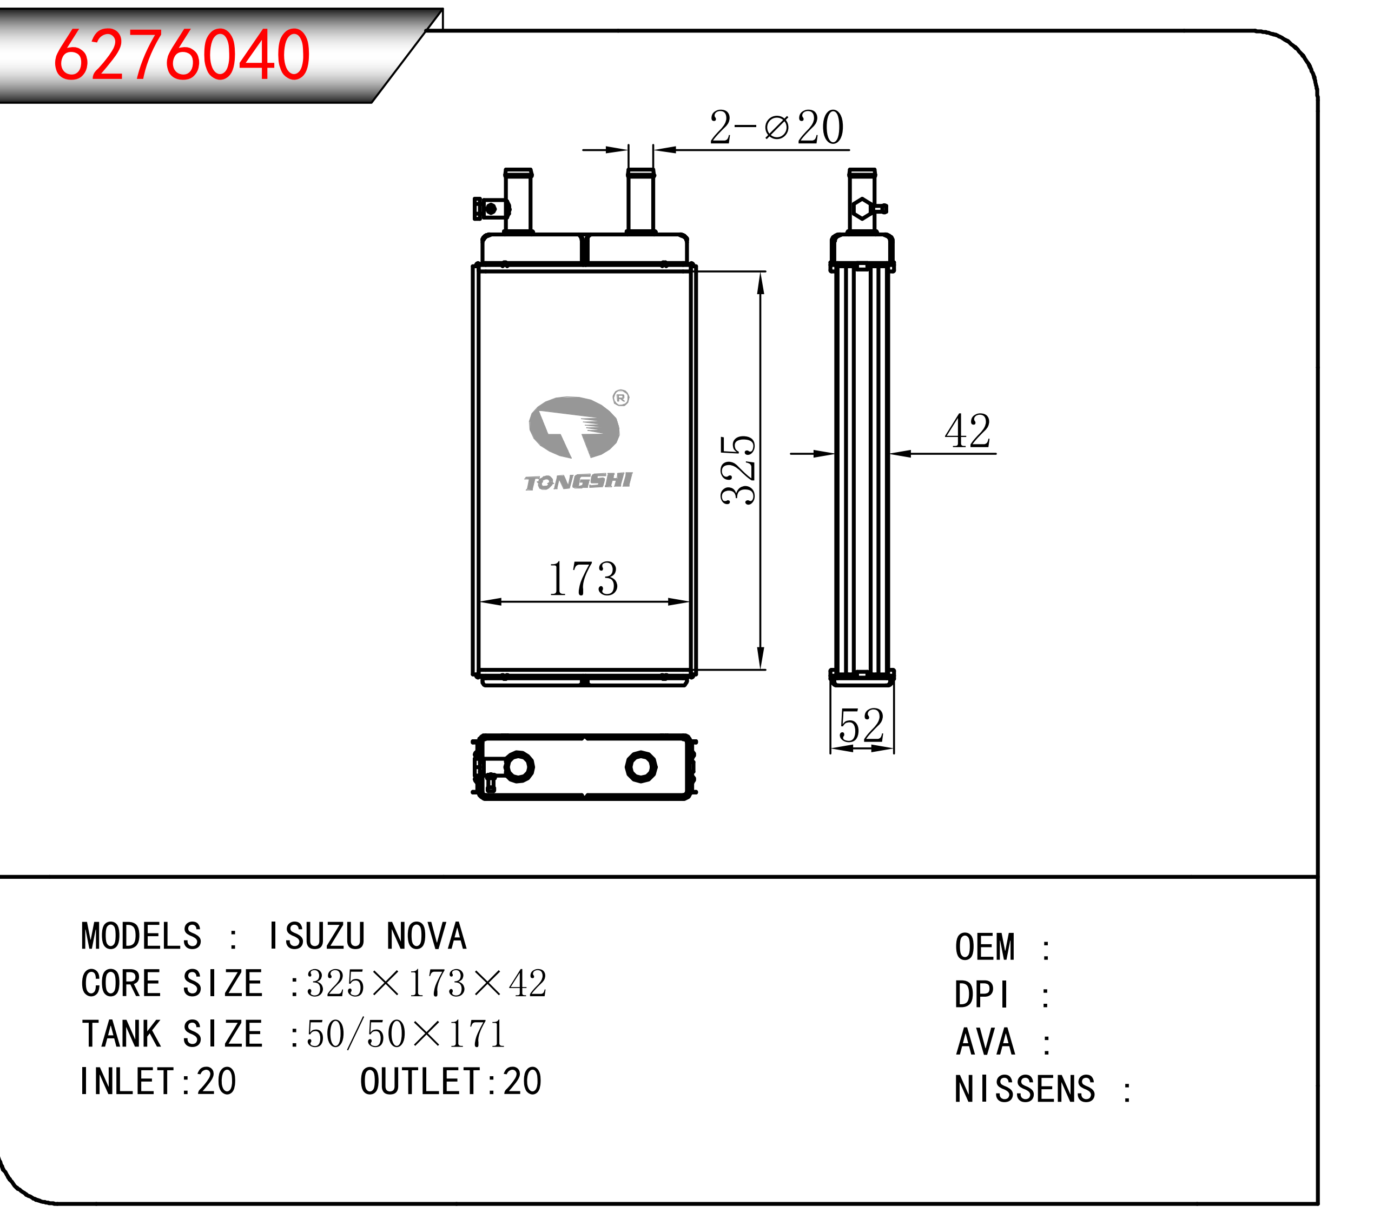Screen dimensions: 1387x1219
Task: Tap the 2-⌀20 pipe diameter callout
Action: pos(776,127)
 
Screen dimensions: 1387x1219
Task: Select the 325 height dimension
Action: pos(738,469)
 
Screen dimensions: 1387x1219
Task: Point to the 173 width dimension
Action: pos(583,579)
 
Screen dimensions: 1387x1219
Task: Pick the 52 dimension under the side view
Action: pos(862,725)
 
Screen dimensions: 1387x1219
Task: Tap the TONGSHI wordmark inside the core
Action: pos(578,482)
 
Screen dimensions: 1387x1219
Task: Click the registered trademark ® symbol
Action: pos(621,398)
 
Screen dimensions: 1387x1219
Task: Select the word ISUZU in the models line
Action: pos(317,936)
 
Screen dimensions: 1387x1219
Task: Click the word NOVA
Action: pos(427,936)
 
